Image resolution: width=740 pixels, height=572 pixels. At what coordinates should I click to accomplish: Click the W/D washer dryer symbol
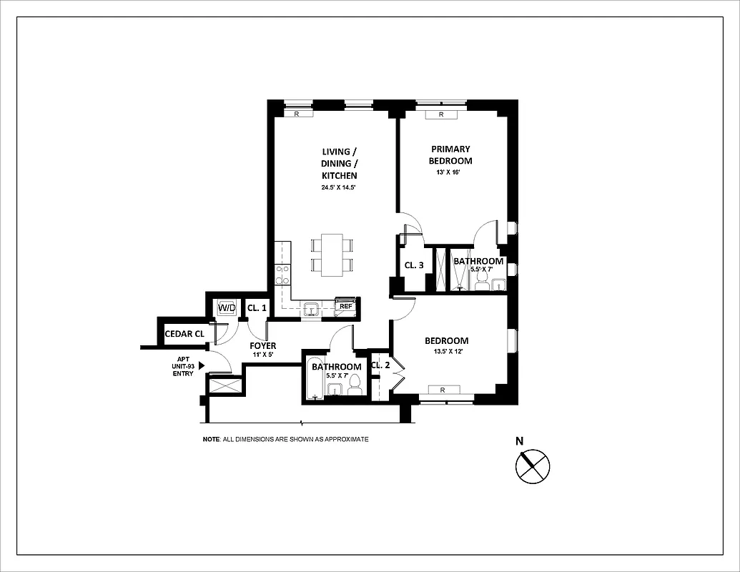click(x=227, y=307)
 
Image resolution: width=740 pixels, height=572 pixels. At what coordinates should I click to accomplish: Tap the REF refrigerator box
click(x=346, y=306)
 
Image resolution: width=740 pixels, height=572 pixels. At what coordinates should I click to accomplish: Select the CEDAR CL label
click(x=184, y=334)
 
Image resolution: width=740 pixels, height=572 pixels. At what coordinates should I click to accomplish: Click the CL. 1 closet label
click(x=257, y=308)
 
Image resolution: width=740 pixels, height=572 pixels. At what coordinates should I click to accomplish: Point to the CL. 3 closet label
click(x=414, y=265)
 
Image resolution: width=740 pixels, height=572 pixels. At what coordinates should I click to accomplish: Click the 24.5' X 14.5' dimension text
click(x=339, y=187)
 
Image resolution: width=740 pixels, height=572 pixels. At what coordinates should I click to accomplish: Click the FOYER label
click(x=262, y=346)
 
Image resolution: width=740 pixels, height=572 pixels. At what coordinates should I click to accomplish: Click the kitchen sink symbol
click(x=311, y=309)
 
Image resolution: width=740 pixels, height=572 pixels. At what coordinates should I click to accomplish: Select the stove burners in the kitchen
click(x=282, y=276)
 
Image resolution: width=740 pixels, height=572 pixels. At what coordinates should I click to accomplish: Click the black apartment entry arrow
click(x=202, y=365)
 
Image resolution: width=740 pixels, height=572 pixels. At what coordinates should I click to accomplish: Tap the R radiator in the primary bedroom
click(x=441, y=114)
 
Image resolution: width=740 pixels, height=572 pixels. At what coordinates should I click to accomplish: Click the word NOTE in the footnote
click(x=210, y=439)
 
